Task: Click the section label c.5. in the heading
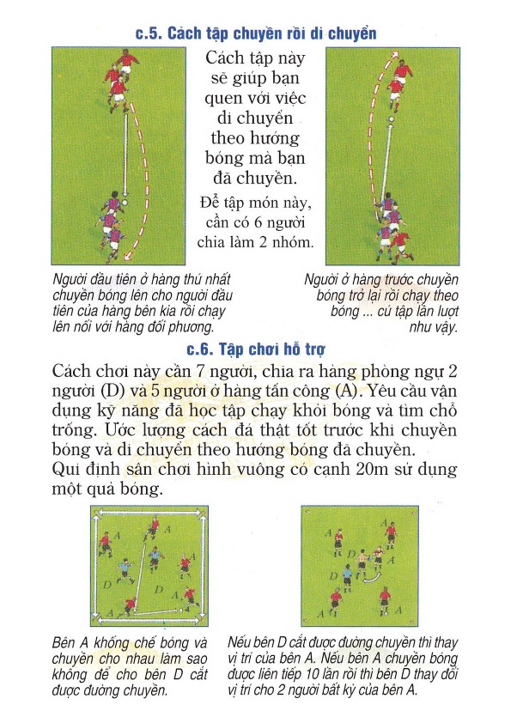(149, 33)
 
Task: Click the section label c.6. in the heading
(199, 349)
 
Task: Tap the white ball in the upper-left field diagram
(125, 202)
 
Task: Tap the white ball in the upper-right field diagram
(392, 119)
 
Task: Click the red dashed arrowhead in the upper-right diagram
(394, 55)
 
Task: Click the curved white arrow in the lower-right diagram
(372, 578)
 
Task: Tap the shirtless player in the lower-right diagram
(362, 562)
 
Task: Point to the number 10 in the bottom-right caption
(313, 674)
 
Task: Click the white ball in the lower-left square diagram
(134, 611)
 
